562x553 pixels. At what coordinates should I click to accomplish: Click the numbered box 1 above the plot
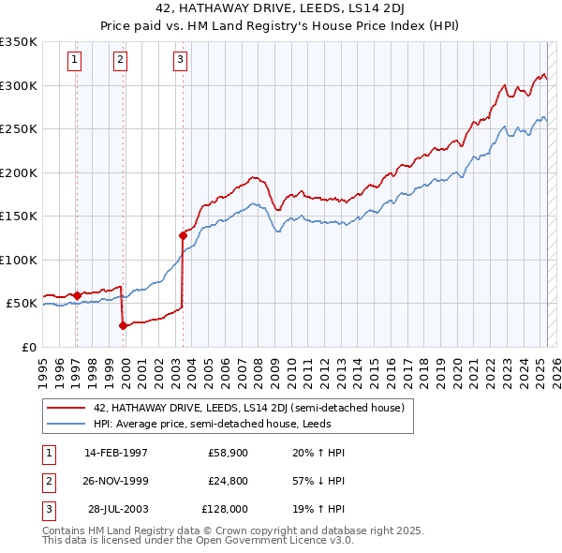74,61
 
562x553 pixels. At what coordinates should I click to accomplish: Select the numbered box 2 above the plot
121,61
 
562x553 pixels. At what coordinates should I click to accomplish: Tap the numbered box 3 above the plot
180,61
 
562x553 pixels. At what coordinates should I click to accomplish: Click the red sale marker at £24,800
123,325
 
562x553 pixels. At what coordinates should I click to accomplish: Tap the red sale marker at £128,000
183,235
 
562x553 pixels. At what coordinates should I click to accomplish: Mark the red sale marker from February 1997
77,295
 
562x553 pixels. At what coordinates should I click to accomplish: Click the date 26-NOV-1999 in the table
116,481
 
